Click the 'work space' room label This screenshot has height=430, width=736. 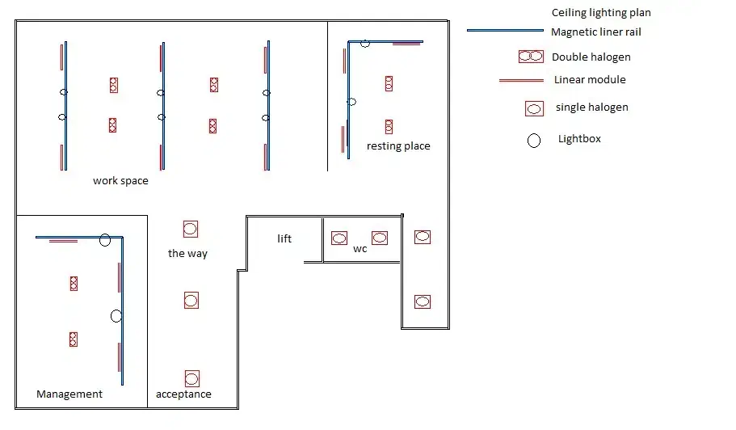(120, 181)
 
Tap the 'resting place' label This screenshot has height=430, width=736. (398, 146)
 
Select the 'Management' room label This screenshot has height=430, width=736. (69, 394)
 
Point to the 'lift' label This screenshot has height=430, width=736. (284, 239)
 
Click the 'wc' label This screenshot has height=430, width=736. (360, 249)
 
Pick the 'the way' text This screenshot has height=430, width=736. (187, 254)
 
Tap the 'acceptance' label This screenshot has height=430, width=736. (183, 394)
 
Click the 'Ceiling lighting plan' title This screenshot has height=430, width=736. (601, 13)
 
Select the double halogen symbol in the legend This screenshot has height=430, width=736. (531, 57)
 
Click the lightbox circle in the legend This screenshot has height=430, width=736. (534, 141)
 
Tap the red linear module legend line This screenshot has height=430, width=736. (521, 81)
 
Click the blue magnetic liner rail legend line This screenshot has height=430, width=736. (507, 31)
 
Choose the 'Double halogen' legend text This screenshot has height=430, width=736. (591, 57)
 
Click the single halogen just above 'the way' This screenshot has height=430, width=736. (190, 230)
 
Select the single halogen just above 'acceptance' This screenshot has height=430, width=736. (191, 378)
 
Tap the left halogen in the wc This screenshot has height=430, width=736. (339, 238)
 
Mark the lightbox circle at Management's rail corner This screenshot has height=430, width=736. (105, 240)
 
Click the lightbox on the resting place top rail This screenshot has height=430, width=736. (365, 43)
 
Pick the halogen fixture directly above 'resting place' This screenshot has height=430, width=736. (389, 126)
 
